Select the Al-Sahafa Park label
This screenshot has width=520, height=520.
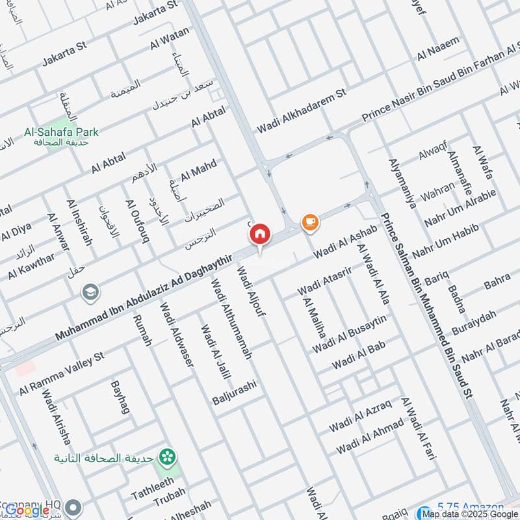[61, 132]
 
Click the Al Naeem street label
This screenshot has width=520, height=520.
[438, 49]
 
